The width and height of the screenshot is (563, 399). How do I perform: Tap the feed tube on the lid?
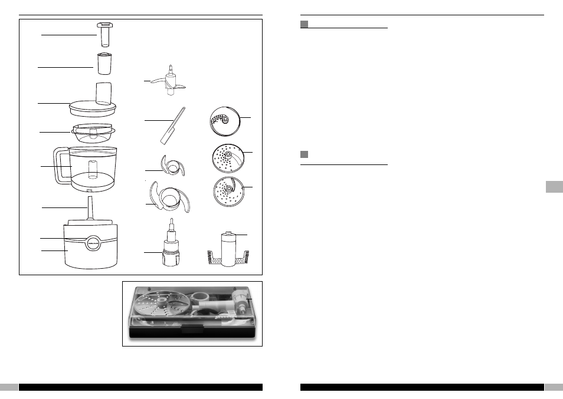pos(103,93)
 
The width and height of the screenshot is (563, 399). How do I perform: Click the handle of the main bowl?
pos(60,167)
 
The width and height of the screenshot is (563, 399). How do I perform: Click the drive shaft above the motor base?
pos(90,209)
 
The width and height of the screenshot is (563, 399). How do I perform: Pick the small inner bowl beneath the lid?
pos(93,133)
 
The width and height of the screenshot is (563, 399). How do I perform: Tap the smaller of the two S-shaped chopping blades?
pos(173,166)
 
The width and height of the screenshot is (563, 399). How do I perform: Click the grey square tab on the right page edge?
pos(553,187)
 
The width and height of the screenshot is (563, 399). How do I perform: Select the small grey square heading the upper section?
pos(305,24)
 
